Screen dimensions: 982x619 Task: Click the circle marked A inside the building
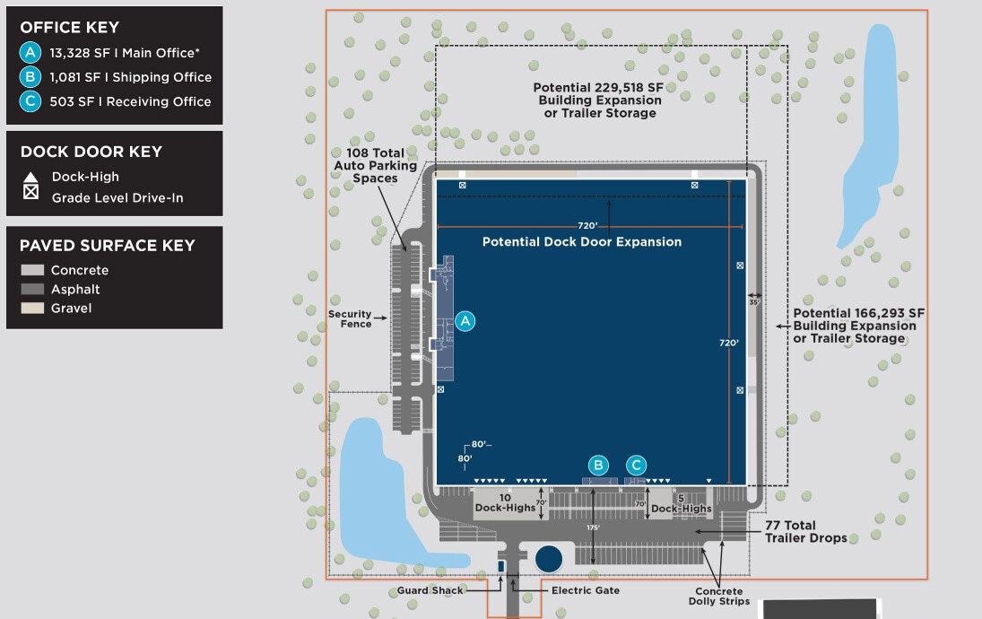[465, 321]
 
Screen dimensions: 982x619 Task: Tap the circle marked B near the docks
[599, 466]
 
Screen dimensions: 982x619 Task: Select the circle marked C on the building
[637, 466]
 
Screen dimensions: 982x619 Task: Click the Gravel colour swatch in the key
[32, 308]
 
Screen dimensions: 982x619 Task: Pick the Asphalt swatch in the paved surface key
[32, 289]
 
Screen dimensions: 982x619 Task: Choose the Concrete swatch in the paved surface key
[32, 270]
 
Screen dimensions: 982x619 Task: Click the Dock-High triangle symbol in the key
[30, 177]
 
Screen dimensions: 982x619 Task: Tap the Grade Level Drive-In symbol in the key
[30, 192]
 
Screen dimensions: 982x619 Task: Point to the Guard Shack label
[430, 590]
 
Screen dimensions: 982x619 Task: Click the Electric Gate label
[586, 590]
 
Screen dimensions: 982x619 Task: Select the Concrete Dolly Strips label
[719, 596]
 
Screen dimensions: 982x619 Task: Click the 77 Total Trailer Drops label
[806, 531]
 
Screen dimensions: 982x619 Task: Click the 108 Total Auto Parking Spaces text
[375, 165]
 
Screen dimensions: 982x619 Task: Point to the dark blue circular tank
[549, 559]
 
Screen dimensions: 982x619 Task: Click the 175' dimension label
[593, 527]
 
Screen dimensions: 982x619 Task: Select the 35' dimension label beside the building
[754, 302]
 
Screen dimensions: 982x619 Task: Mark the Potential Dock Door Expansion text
[582, 242]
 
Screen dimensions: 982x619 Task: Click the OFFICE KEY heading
[70, 28]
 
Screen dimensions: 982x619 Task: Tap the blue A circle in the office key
[30, 53]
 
